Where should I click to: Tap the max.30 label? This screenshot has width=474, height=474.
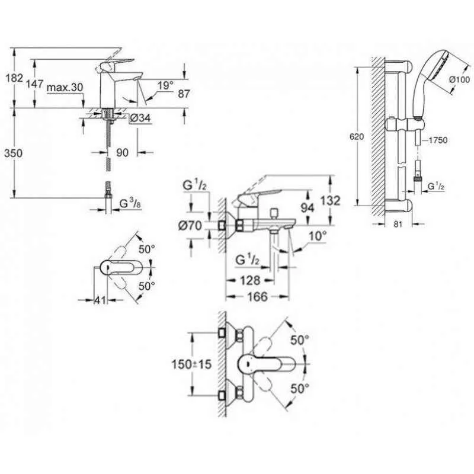[x=65, y=87]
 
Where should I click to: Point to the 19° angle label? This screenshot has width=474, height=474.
[x=166, y=86]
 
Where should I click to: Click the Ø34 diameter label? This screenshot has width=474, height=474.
[x=139, y=119]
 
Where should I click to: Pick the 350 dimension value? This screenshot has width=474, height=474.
[x=14, y=153]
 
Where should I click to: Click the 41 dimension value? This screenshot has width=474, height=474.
[x=100, y=300]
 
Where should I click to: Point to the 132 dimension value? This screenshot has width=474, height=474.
[x=330, y=201]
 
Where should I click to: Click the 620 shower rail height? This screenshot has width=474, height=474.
[x=356, y=136]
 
